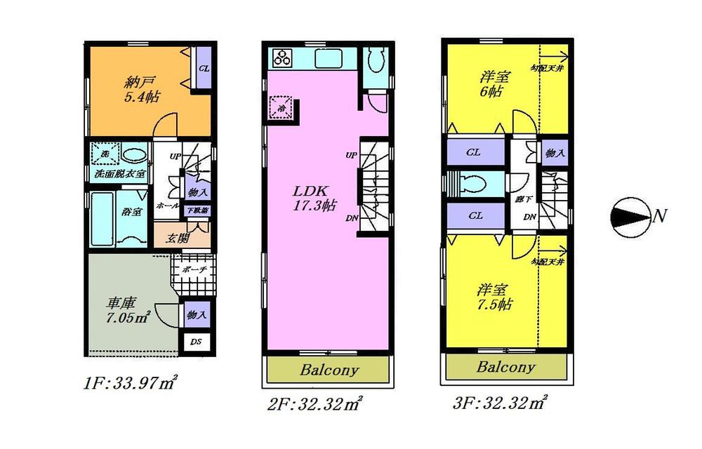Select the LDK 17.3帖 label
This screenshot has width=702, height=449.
(x=314, y=198)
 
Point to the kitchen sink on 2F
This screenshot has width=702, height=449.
(x=327, y=59)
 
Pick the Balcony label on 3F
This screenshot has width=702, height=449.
(x=505, y=367)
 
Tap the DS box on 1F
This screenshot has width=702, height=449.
(x=195, y=343)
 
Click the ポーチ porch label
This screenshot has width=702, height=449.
(x=194, y=269)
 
